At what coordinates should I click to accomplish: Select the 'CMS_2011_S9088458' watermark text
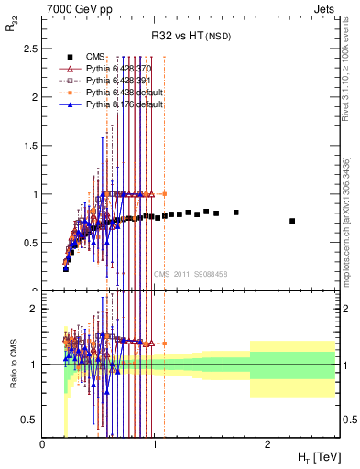(191, 274)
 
